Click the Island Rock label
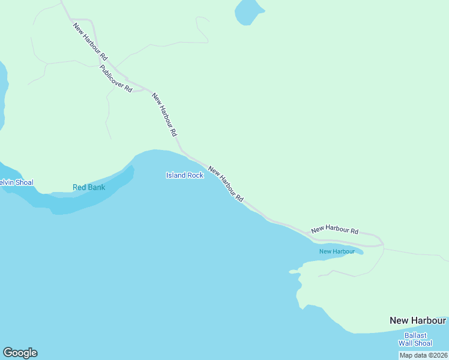184,175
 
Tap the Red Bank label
89,187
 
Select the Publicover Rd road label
115,77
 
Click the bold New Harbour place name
417,320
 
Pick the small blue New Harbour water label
337,251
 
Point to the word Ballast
415,335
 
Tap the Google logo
20,353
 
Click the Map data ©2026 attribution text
424,355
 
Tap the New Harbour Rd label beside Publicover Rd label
90,41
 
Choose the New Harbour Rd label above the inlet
334,229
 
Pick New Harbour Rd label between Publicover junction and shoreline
164,114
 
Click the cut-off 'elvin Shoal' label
17,182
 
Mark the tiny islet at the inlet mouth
294,272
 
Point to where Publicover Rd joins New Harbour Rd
146,89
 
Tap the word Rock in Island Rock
195,175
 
